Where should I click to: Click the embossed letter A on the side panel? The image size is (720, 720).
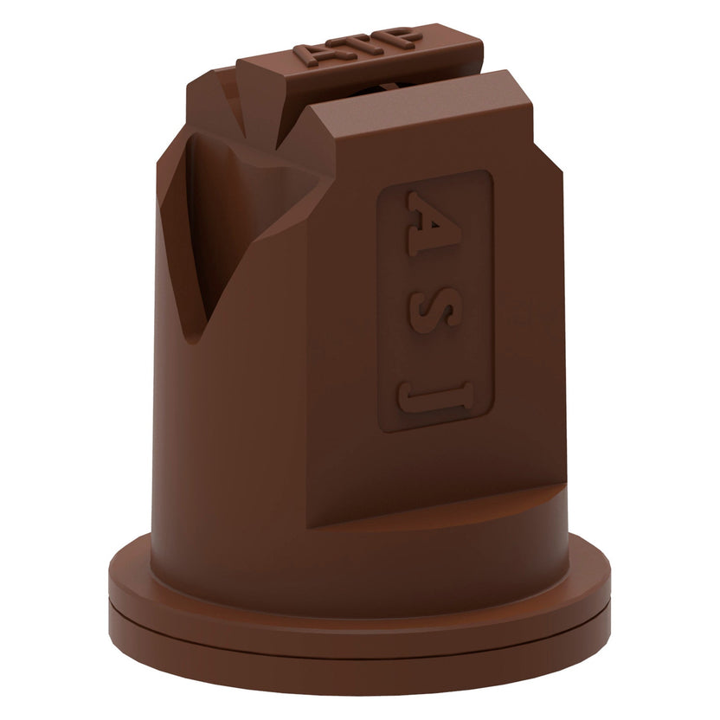(434, 223)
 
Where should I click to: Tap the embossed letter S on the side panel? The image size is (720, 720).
(434, 310)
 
